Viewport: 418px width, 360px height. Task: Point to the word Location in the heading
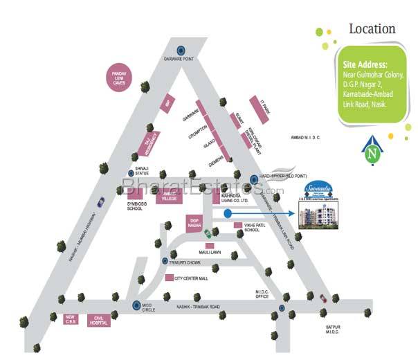click(372, 30)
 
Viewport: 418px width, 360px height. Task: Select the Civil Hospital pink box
click(99, 321)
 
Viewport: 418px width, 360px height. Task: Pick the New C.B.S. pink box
click(69, 320)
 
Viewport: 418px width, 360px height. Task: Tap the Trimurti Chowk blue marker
click(165, 261)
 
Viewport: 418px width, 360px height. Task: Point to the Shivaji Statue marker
click(130, 173)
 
